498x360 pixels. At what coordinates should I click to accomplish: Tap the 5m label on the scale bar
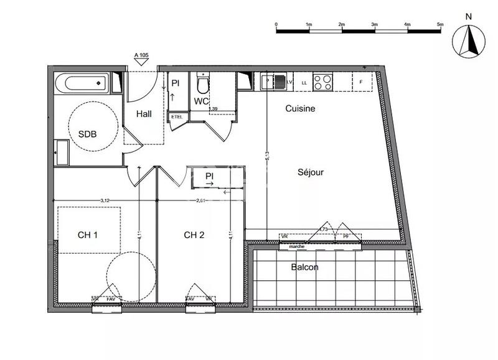(x=441, y=24)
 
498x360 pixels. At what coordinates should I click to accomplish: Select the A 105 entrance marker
(x=142, y=55)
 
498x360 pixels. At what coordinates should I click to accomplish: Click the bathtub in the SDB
(x=82, y=83)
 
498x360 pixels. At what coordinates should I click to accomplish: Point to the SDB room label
(x=87, y=133)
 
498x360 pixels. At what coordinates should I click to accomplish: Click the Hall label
(x=145, y=113)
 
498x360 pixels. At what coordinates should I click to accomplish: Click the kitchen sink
(x=274, y=82)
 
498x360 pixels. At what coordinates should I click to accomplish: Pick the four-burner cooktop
(x=322, y=82)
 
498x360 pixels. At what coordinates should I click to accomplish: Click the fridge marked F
(x=362, y=82)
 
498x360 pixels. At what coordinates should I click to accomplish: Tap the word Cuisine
(x=300, y=108)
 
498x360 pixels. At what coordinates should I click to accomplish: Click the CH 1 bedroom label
(x=88, y=235)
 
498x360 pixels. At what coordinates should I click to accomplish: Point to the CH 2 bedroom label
(x=194, y=235)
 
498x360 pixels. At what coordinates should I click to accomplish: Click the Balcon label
(x=305, y=267)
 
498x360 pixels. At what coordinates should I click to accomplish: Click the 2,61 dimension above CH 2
(x=201, y=200)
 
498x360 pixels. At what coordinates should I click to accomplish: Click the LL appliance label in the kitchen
(x=304, y=82)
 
